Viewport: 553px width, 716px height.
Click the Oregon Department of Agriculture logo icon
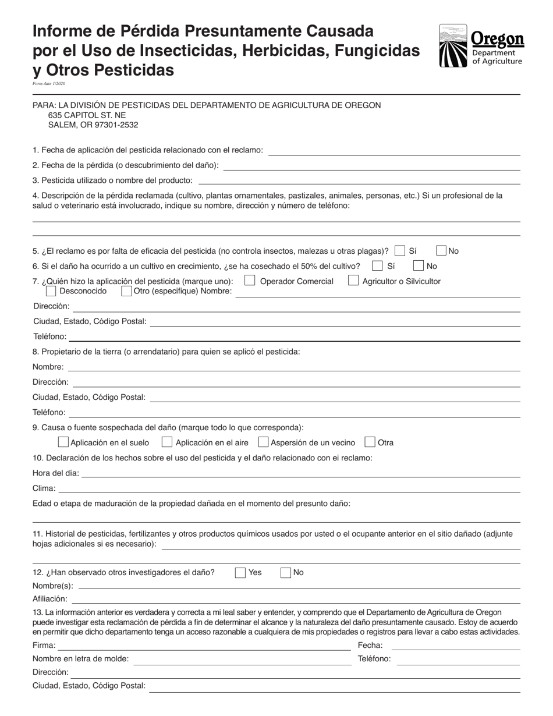[453, 46]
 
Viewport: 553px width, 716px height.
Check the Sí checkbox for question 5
[400, 251]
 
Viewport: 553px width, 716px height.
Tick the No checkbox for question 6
[419, 266]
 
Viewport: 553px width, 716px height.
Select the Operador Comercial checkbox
[250, 281]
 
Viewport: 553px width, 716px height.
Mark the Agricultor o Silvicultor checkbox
[353, 281]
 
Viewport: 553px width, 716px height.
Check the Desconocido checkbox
[51, 291]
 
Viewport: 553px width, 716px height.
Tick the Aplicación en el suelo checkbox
[64, 442]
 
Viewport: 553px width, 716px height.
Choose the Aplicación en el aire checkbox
[167, 442]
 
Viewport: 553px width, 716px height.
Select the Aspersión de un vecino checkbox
[263, 442]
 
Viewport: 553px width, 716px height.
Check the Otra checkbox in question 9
[370, 442]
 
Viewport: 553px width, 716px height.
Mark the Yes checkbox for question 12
[240, 573]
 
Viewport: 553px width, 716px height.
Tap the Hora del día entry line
[300, 473]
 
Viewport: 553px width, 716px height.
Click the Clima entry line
[289, 488]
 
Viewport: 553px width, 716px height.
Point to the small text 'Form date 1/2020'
[49, 84]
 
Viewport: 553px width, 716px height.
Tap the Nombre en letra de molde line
[242, 660]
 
